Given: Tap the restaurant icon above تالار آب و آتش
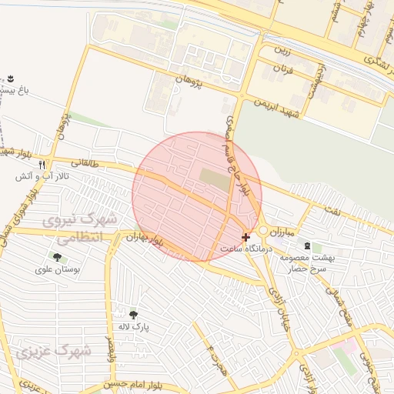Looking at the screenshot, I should (42, 165).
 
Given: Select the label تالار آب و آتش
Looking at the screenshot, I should (42, 177).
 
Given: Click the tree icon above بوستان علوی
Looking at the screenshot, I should (57, 257).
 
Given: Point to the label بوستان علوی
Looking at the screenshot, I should (55, 270).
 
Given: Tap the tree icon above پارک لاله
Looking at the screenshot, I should (133, 314).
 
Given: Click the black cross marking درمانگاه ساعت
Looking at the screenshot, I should (245, 238).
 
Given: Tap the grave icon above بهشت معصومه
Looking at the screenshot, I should (308, 246).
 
